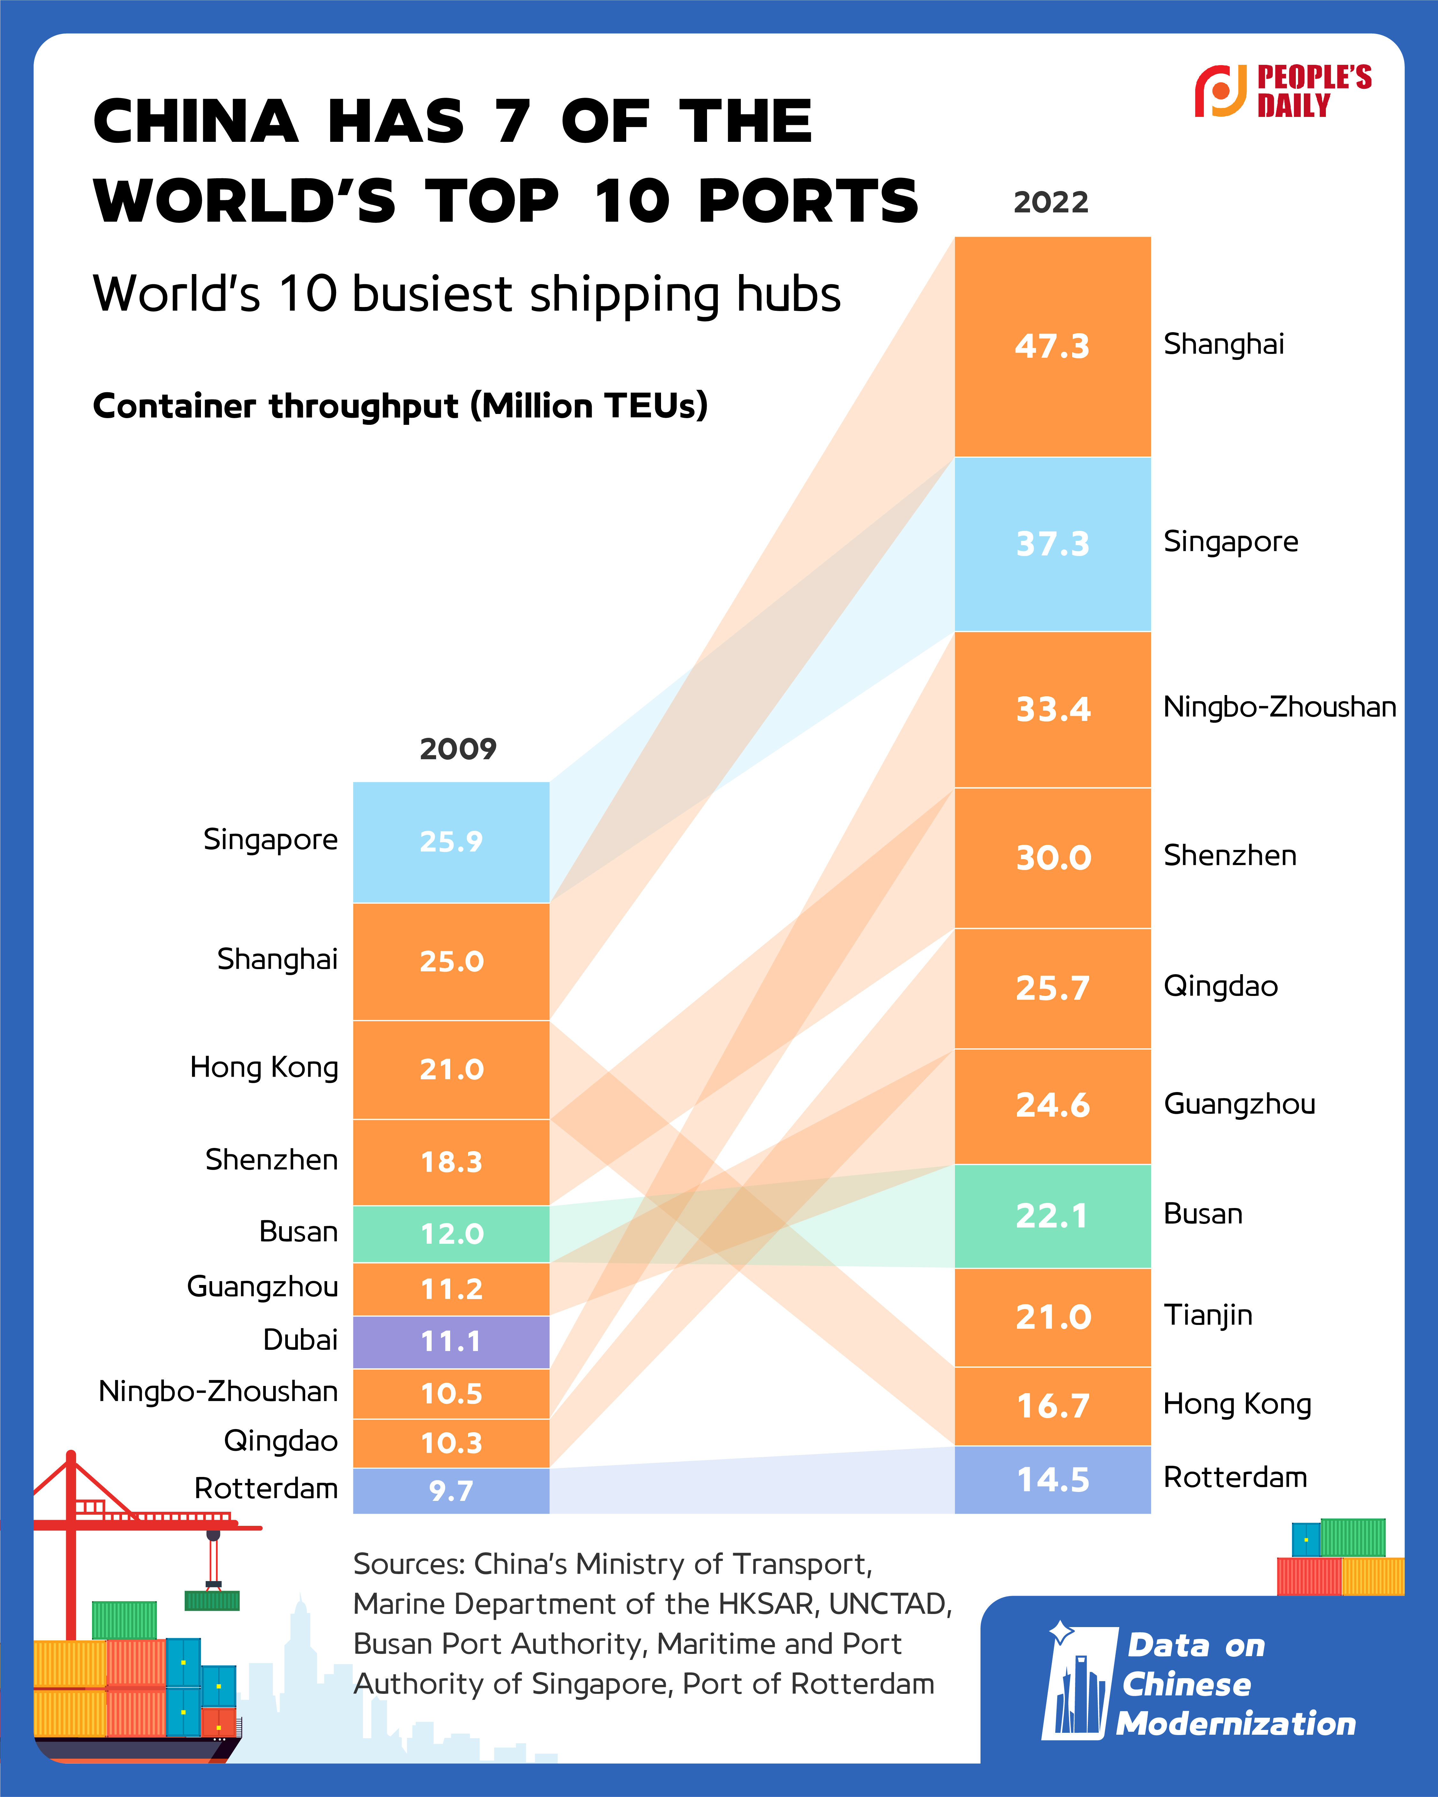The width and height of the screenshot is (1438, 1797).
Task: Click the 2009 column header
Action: (458, 748)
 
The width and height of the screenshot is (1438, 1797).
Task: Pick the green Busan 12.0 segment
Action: (451, 1234)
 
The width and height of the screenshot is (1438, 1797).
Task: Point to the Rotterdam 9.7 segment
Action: (451, 1490)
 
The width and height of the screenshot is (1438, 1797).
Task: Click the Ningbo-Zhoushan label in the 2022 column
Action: (1279, 707)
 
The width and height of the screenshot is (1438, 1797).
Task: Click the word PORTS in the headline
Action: (808, 202)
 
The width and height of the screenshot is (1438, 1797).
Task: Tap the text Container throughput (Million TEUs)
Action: (400, 406)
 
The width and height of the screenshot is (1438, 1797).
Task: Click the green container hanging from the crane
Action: (212, 1600)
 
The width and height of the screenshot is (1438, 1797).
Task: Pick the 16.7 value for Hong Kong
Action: (1052, 1406)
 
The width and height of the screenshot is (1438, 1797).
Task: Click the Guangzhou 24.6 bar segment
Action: (1052, 1105)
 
